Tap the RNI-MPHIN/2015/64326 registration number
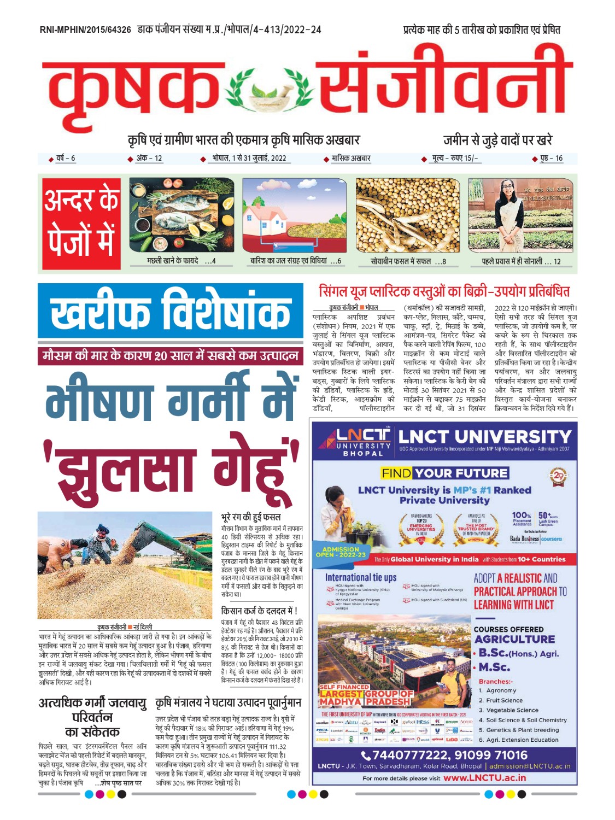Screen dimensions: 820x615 coord(85,30)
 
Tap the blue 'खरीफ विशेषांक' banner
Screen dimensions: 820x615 coord(170,312)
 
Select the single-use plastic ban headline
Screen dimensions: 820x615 coord(444,291)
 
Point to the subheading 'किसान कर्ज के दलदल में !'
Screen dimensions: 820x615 coord(259,611)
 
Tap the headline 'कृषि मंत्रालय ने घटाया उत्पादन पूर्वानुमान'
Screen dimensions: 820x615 coord(228,702)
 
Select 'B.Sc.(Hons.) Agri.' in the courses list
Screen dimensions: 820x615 coord(518,653)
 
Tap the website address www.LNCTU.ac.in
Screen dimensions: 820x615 coord(484,777)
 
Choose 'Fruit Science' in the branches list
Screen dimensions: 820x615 coord(504,700)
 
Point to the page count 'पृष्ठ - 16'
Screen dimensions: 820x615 coord(551,159)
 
